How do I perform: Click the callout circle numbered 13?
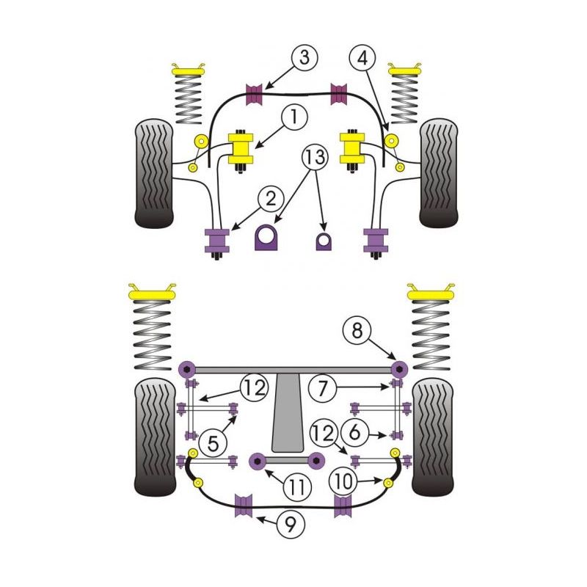tap(314, 158)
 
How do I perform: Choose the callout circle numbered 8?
tap(357, 332)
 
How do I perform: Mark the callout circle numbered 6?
tap(355, 433)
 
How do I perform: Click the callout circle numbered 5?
tap(213, 443)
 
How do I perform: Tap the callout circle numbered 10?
tap(342, 482)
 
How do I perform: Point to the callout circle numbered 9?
tap(292, 524)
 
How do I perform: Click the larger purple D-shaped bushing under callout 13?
tap(269, 236)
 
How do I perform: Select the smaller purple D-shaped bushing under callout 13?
tap(324, 240)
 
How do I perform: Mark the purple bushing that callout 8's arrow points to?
tap(398, 368)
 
